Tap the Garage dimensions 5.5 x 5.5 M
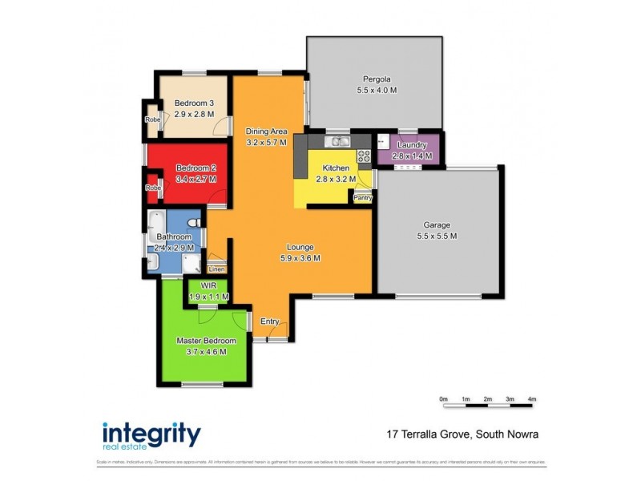pyautogui.click(x=437, y=236)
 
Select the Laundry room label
pyautogui.click(x=412, y=145)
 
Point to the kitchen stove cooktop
pyautogui.click(x=364, y=155)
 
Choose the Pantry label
pyautogui.click(x=363, y=196)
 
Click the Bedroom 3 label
pyautogui.click(x=194, y=103)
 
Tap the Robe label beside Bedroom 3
pyautogui.click(x=151, y=119)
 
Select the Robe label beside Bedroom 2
pyautogui.click(x=151, y=188)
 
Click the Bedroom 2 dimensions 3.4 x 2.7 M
pyautogui.click(x=196, y=179)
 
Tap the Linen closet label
pyautogui.click(x=216, y=269)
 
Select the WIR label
pyautogui.click(x=208, y=285)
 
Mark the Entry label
pyautogui.click(x=270, y=321)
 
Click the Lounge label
pyautogui.click(x=301, y=247)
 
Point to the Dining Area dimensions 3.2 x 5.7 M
pyautogui.click(x=266, y=143)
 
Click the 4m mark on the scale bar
pyautogui.click(x=532, y=398)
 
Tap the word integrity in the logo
pyautogui.click(x=151, y=434)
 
